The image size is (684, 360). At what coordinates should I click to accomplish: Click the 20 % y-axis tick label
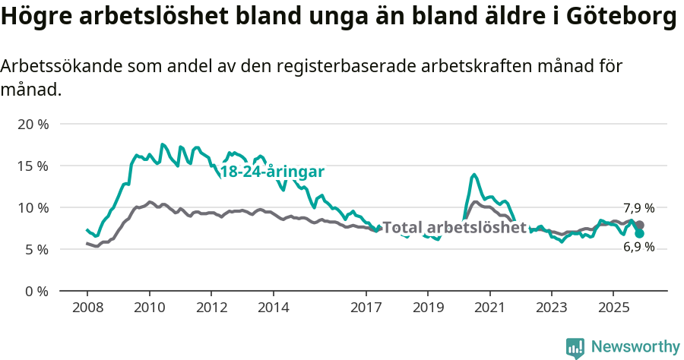click(x=33, y=124)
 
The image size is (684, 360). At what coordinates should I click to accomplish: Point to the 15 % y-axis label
click(x=33, y=166)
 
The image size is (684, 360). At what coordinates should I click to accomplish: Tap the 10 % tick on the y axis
click(x=33, y=207)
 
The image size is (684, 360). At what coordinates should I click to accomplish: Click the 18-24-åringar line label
click(x=272, y=171)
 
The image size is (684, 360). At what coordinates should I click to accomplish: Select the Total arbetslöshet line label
click(x=454, y=227)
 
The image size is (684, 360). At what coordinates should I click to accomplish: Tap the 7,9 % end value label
click(x=638, y=208)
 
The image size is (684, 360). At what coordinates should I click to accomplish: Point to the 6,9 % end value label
click(x=638, y=247)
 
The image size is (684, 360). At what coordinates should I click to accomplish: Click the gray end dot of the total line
click(x=640, y=225)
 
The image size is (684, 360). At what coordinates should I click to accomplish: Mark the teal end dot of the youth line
click(x=640, y=233)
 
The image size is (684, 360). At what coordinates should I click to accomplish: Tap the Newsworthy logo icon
click(x=575, y=348)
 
